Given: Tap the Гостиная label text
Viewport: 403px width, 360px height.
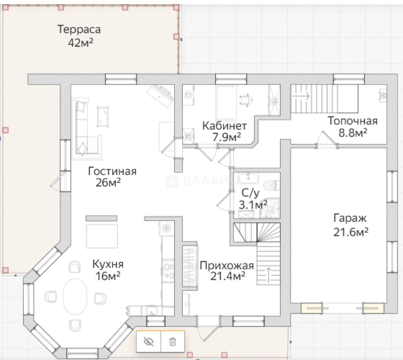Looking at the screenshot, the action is [x=112, y=171].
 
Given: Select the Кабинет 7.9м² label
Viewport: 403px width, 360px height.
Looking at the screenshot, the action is [x=224, y=131].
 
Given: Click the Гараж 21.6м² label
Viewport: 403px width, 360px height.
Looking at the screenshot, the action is [x=351, y=225].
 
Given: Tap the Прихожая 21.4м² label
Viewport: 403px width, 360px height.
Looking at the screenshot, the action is [x=227, y=271].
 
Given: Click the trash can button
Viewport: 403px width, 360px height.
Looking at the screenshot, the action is [x=173, y=342].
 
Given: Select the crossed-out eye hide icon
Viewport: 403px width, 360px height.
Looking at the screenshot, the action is [x=149, y=342].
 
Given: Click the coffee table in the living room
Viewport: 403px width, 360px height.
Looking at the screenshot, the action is [x=103, y=117].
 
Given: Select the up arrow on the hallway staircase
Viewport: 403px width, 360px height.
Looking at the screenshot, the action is [x=268, y=275].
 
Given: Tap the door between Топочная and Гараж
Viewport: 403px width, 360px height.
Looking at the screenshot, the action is [x=327, y=140].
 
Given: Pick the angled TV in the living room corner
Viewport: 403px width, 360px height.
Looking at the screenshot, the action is [x=160, y=96].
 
